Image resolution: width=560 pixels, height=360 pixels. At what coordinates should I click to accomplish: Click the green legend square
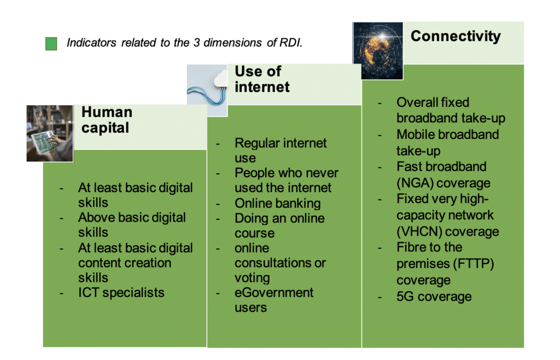pos(51,44)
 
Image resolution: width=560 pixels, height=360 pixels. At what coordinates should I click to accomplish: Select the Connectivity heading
pos(456,36)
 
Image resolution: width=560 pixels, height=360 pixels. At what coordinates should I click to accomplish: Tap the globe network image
pos(378,51)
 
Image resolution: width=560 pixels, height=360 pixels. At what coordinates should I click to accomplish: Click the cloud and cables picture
pos(207,90)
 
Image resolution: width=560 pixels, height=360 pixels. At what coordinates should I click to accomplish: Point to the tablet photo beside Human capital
pos(50,133)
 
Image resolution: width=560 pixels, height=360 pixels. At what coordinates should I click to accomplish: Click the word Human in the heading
pos(107,112)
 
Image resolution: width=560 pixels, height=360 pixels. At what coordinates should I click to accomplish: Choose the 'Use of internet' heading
pos(262,79)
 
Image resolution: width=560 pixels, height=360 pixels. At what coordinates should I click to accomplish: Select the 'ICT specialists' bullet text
pos(121,293)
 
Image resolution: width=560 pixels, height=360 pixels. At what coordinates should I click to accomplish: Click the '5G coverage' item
pos(434,297)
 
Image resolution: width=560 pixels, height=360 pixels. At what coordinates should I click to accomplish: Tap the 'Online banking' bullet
pos(277,203)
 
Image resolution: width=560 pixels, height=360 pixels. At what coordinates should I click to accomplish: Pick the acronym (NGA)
pos(415,183)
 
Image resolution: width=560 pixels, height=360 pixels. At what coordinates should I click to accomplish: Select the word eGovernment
pos(274,293)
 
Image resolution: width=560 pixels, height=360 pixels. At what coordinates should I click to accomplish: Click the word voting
pos(252,278)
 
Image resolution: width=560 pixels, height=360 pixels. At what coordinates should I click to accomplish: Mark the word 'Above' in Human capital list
pos(94,217)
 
